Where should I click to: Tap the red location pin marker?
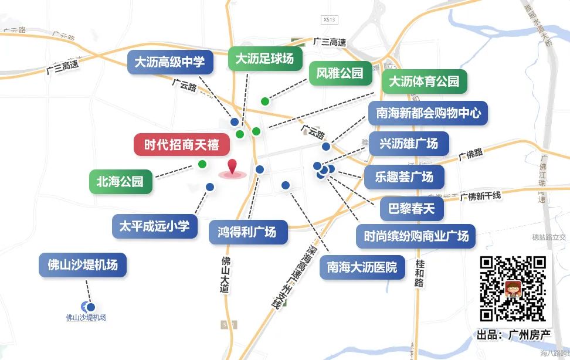[233, 167]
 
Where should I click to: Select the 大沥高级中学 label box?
[169, 62]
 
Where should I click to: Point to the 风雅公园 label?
[340, 73]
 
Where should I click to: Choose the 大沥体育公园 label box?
[424, 81]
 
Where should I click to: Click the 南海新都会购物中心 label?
[428, 113]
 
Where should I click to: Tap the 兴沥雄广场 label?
[409, 144]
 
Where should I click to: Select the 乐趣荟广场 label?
[404, 177]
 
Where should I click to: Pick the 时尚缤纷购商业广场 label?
[416, 236]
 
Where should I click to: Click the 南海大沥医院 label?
[362, 267]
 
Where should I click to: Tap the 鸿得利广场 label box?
[248, 232]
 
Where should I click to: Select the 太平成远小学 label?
[154, 226]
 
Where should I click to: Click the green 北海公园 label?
[120, 182]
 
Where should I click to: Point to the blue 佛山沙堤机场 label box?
[83, 265]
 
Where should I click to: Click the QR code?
[513, 289]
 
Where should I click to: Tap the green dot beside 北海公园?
[202, 164]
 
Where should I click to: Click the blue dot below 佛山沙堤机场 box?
[91, 306]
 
